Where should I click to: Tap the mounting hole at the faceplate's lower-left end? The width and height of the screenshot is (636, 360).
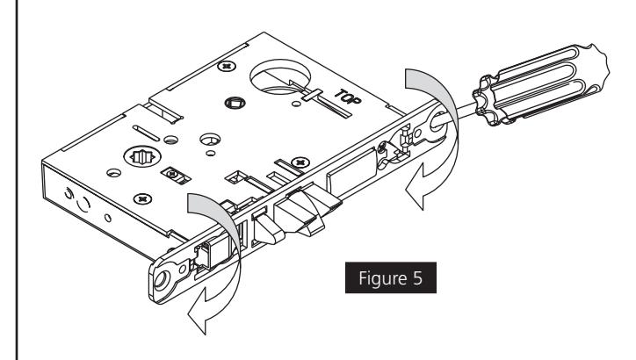tap(163, 284)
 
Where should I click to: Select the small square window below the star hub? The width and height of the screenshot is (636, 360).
tap(170, 174)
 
